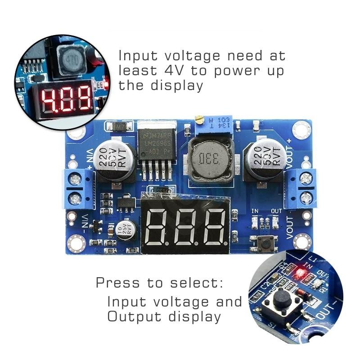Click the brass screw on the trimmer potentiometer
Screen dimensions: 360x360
(x=198, y=119)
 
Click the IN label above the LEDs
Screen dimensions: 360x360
(x=255, y=211)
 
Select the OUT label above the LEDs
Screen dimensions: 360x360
(x=276, y=211)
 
